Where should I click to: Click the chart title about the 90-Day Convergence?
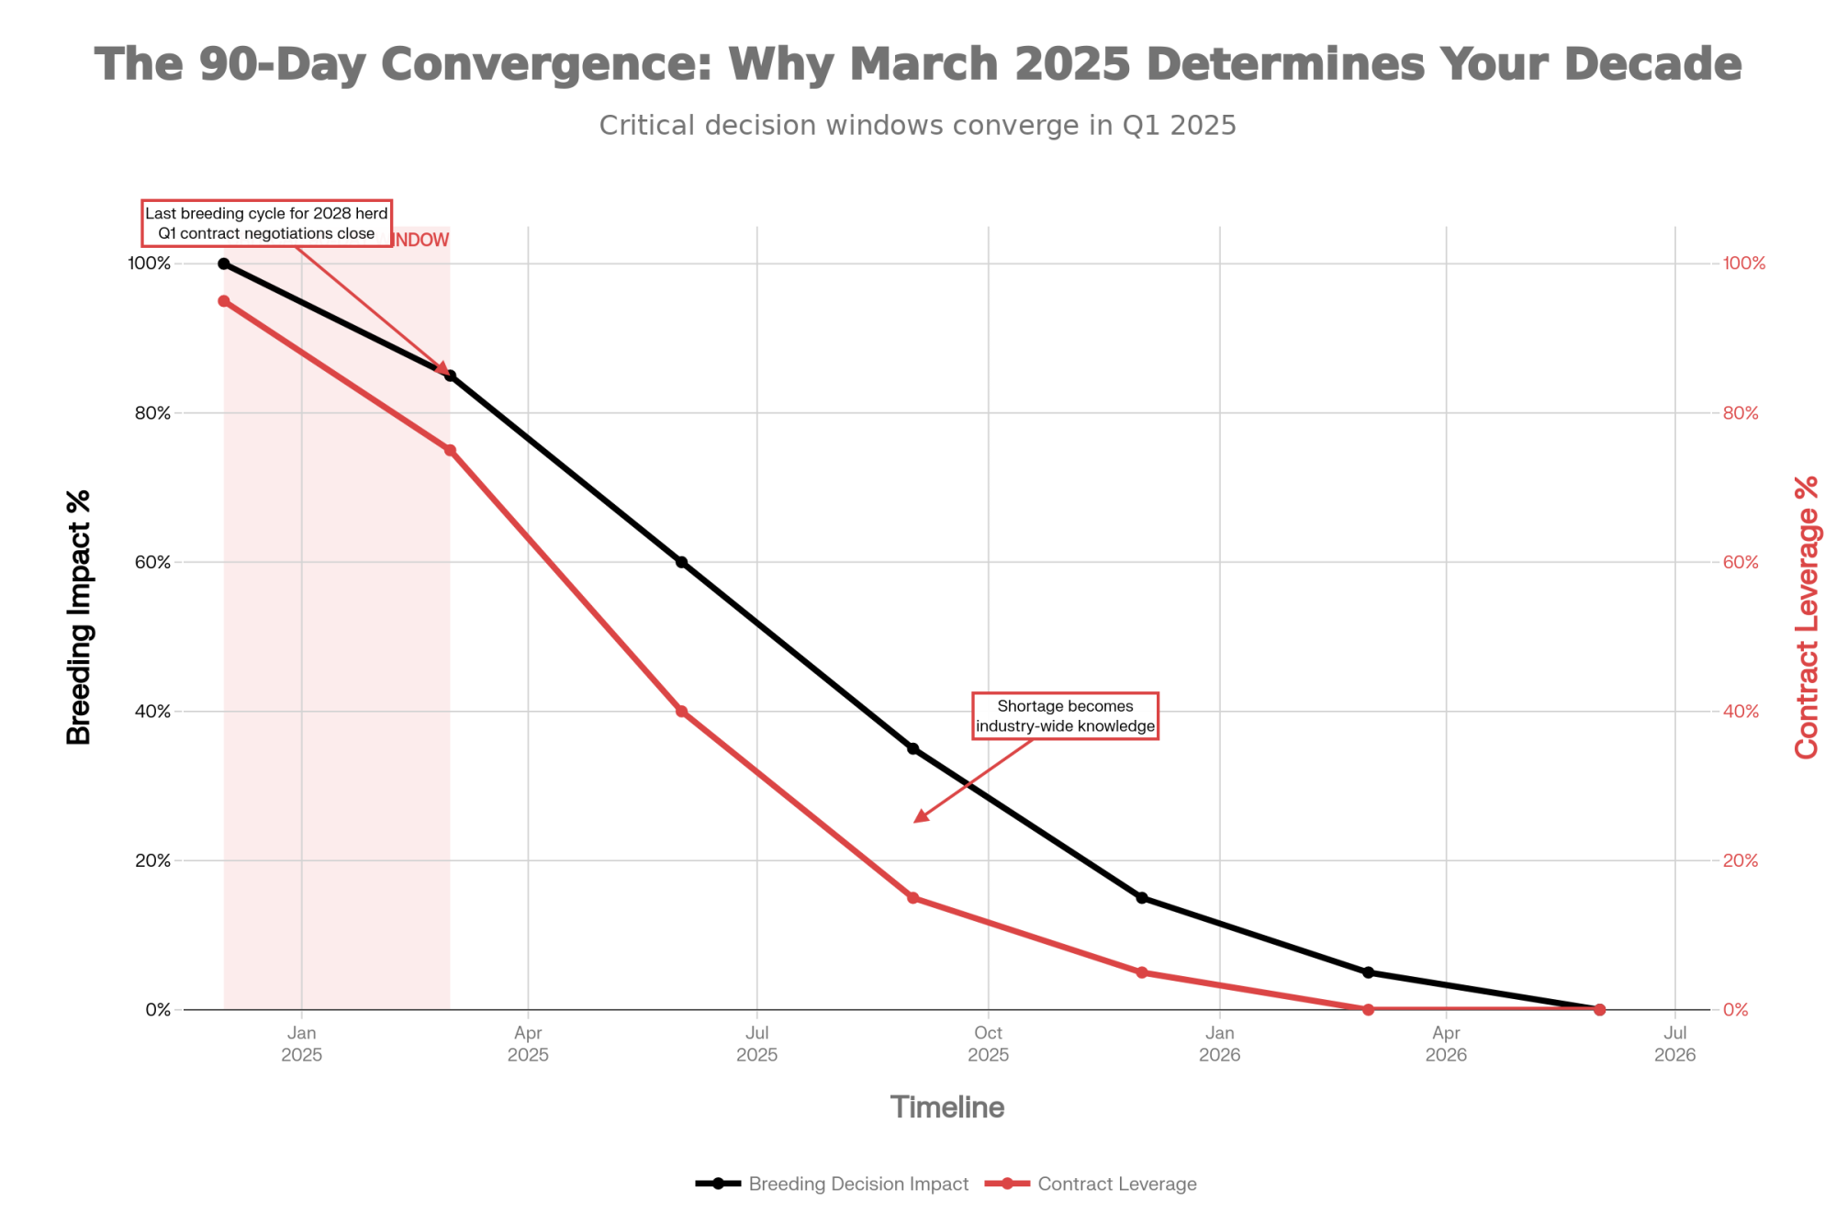click(x=918, y=64)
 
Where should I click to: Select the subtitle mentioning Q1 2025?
click(x=918, y=126)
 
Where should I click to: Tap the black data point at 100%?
click(x=224, y=264)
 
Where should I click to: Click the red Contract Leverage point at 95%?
click(x=224, y=301)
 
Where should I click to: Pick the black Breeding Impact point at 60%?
click(x=681, y=562)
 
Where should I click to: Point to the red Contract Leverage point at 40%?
click(x=681, y=712)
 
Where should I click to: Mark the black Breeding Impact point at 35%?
click(x=912, y=748)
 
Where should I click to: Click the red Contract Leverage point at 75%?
click(x=450, y=450)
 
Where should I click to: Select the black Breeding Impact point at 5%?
click(x=1368, y=972)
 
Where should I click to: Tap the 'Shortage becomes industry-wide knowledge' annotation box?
click(x=1065, y=716)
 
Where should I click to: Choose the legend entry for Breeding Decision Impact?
click(x=833, y=1184)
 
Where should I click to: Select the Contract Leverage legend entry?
click(x=1092, y=1184)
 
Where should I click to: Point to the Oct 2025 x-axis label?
click(x=988, y=1044)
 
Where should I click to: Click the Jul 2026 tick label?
click(x=1674, y=1044)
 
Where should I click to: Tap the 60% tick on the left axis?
click(x=153, y=562)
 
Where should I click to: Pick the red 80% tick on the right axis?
click(x=1741, y=413)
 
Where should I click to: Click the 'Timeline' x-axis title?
click(x=947, y=1107)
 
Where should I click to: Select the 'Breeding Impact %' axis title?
click(x=80, y=617)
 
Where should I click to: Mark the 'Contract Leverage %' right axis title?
click(x=1806, y=617)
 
